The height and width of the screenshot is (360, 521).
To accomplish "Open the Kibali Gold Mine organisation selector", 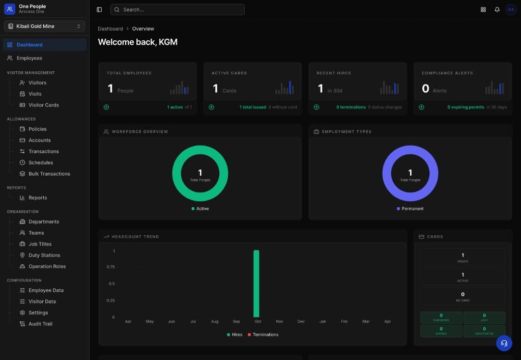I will (x=44, y=26).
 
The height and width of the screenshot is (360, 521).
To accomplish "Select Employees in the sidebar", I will (x=29, y=58).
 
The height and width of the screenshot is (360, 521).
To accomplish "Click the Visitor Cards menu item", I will (x=43, y=105).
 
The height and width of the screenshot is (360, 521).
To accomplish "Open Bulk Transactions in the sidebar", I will (x=49, y=174).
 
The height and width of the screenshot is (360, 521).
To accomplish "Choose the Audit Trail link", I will (x=40, y=324).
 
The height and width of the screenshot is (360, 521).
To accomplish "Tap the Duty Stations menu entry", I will (x=44, y=255).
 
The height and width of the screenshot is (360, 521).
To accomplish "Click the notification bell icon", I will (x=497, y=10).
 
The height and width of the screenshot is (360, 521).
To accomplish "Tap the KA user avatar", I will (x=511, y=10).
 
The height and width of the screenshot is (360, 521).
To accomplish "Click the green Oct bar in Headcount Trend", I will (x=256, y=283).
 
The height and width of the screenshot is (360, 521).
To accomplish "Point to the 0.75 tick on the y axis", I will (x=110, y=267).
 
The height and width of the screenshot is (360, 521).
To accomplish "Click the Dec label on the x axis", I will (x=301, y=322).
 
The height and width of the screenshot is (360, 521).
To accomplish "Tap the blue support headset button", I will (x=504, y=343).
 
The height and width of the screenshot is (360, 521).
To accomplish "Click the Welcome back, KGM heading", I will (x=137, y=42).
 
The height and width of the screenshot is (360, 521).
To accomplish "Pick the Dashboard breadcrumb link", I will (x=110, y=29).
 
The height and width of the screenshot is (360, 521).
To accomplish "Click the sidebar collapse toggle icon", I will (x=99, y=10).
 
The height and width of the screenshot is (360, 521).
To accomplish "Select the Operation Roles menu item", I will (x=47, y=266).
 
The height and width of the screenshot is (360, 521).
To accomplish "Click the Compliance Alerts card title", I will (x=447, y=73).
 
